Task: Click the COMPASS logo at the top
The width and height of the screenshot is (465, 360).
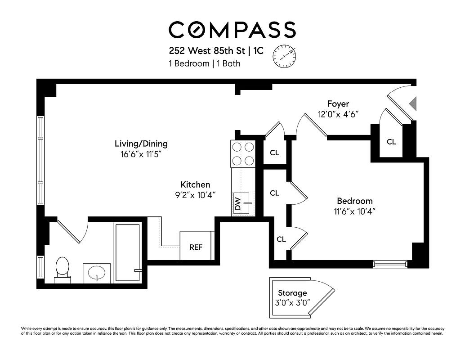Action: [x=232, y=29]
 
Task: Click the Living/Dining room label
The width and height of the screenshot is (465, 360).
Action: [x=141, y=144]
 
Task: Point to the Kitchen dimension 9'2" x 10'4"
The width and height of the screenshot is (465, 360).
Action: [x=195, y=195]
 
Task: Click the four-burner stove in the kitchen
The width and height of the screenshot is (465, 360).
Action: [x=243, y=153]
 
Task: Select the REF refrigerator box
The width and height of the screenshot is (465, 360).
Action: [x=196, y=247]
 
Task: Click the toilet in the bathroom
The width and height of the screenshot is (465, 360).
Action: [x=63, y=270]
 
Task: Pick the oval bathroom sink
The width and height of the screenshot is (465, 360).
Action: [x=97, y=273]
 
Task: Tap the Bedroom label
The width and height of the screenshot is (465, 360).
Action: [x=355, y=201]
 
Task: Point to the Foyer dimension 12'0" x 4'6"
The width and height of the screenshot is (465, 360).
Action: [x=338, y=114]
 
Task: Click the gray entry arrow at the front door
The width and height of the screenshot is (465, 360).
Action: [x=413, y=103]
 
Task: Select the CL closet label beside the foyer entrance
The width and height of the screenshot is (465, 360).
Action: [x=391, y=142]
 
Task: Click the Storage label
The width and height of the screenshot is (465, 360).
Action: [x=292, y=293]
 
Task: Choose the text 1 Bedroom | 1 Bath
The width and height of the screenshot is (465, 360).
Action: [x=205, y=63]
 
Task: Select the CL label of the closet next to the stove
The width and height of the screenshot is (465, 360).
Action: [x=274, y=153]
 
